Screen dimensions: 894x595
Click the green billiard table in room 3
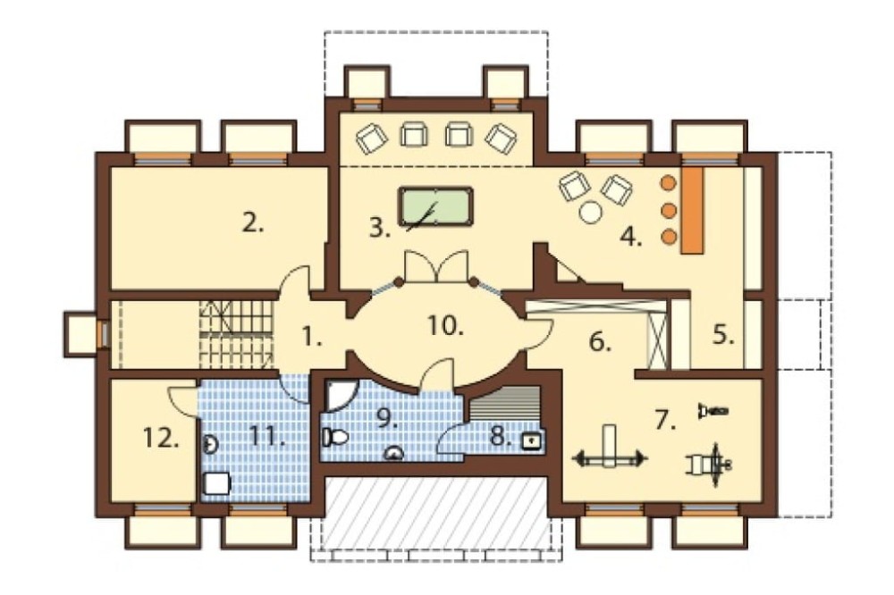point(435,205)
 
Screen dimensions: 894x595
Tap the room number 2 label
point(253,223)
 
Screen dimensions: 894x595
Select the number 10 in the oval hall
point(444,326)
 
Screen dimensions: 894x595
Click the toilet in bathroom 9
point(336,437)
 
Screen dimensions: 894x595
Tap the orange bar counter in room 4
point(692,210)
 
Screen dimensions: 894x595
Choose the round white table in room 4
point(590,212)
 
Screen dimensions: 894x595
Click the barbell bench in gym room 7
point(610,447)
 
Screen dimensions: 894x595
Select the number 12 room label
point(161,439)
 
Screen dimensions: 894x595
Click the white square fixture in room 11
point(217,483)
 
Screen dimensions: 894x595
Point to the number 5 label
point(723,335)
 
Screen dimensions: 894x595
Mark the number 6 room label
point(600,342)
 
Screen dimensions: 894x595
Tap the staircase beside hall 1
point(235,334)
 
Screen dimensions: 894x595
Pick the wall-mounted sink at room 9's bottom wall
point(394,453)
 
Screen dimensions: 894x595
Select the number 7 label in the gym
point(665,420)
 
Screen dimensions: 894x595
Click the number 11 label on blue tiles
point(266,437)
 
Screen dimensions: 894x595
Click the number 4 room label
point(631,237)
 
